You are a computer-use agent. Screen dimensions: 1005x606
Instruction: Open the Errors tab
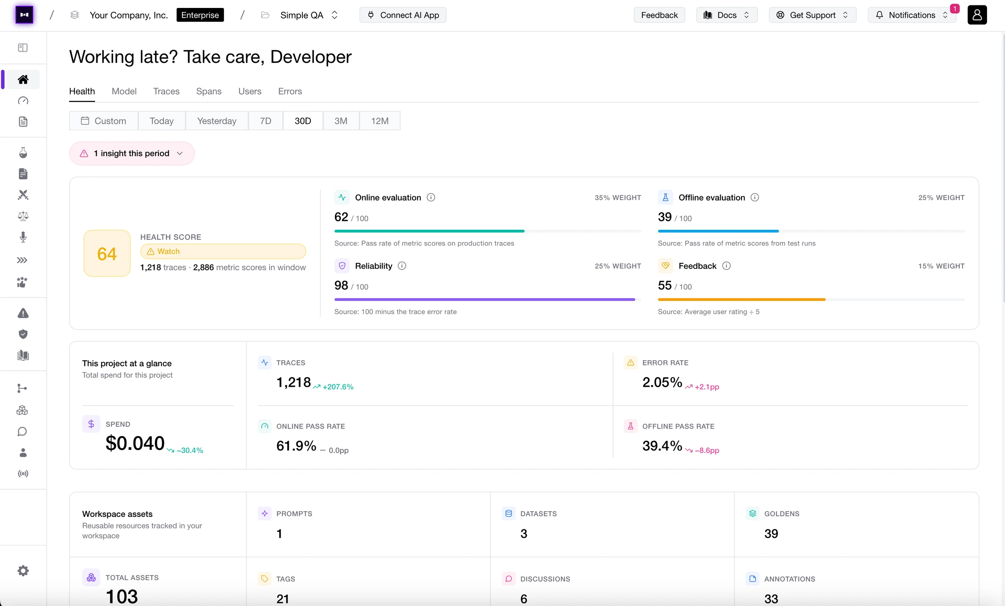[x=290, y=91]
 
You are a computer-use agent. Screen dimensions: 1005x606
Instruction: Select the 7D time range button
[x=265, y=121]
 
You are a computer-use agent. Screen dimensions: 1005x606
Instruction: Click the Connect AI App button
[x=403, y=15]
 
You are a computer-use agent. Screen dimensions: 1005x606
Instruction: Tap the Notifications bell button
[x=912, y=15]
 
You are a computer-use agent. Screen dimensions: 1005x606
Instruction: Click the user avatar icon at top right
[x=977, y=15]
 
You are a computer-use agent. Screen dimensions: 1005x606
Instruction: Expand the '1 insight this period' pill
[x=132, y=153]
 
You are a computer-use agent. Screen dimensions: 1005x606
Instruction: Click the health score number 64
[x=107, y=254]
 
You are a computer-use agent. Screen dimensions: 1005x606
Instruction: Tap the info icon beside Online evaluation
[x=431, y=197]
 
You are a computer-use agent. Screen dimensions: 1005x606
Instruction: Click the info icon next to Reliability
[x=402, y=266]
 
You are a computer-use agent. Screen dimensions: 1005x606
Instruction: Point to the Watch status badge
[x=223, y=251]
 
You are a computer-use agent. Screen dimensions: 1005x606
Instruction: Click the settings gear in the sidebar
[x=23, y=571]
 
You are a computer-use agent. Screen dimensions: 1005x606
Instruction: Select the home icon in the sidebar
[x=23, y=80]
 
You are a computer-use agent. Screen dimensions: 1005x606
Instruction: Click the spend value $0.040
[x=135, y=443]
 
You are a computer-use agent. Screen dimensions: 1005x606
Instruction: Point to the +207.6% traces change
[x=333, y=387]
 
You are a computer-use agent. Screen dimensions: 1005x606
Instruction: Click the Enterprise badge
[x=200, y=15]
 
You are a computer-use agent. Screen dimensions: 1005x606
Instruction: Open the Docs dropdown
[x=727, y=15]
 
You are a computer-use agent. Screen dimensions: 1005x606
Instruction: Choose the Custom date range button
[x=104, y=121]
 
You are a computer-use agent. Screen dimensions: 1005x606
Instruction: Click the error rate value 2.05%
[x=662, y=382]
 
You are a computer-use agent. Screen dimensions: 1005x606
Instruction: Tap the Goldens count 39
[x=771, y=534]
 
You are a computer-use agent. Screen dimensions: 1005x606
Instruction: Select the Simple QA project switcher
[x=309, y=15]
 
